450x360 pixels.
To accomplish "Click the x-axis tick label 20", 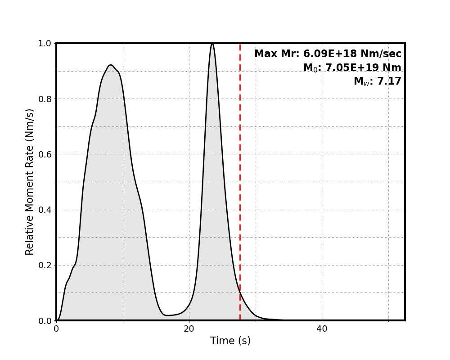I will (x=189, y=329).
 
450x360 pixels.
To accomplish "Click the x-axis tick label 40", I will (x=322, y=329).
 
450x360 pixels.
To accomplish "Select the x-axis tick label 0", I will (x=56, y=329).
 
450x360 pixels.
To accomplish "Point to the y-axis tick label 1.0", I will (x=45, y=44).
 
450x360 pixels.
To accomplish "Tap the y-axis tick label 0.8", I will (x=45, y=99).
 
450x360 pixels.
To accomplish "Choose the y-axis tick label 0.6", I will (x=45, y=154).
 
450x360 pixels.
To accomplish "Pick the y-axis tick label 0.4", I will (x=45, y=210).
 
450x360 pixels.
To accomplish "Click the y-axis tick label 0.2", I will (x=45, y=265).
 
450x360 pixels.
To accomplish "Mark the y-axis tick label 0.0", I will (x=45, y=320).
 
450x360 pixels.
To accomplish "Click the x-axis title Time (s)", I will (x=230, y=341).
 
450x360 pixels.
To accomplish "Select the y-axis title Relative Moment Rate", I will (x=30, y=181).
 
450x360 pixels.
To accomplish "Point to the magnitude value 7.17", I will (x=389, y=81).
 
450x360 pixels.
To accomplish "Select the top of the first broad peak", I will (x=111, y=65).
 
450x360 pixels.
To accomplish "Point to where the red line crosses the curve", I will (x=240, y=292).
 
